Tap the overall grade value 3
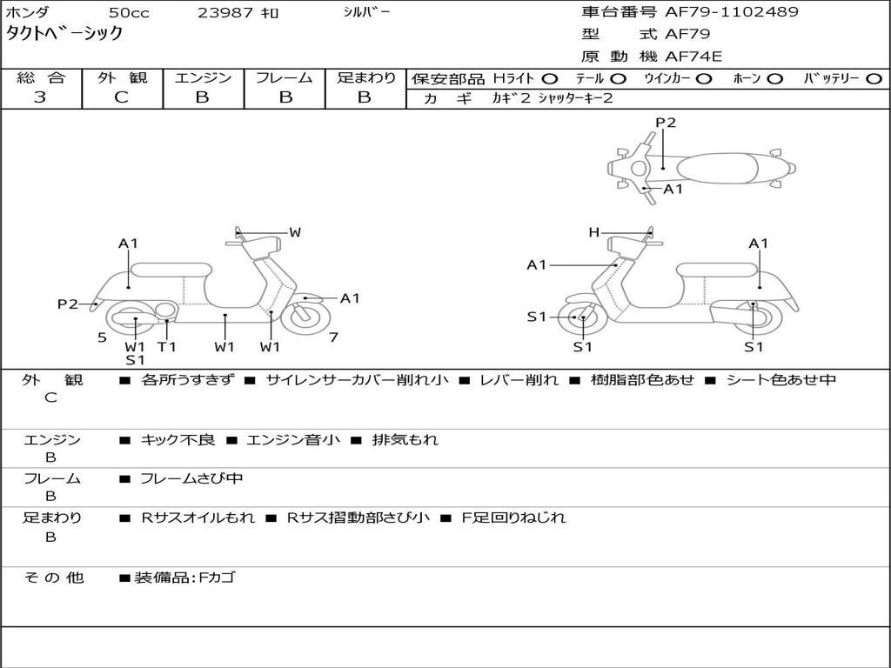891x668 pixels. coord(40,97)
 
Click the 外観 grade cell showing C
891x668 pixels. coord(121,97)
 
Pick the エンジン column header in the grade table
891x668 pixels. coord(203,77)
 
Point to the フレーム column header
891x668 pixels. coord(285,77)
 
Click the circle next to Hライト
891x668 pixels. coord(549,78)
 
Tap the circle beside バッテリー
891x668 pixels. coord(874,78)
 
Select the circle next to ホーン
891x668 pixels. coord(774,78)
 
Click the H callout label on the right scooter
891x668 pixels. coord(593,232)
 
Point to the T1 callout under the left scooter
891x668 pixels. coord(166,346)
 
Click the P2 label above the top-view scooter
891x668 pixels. coord(666,123)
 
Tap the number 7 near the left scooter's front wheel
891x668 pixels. coord(333,337)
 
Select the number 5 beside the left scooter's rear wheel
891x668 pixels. coord(102,337)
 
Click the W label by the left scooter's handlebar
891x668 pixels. coord(295,232)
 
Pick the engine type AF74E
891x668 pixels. coord(693,57)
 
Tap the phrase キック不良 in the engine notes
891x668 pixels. coord(178,439)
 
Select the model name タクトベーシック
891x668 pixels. coord(64,34)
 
